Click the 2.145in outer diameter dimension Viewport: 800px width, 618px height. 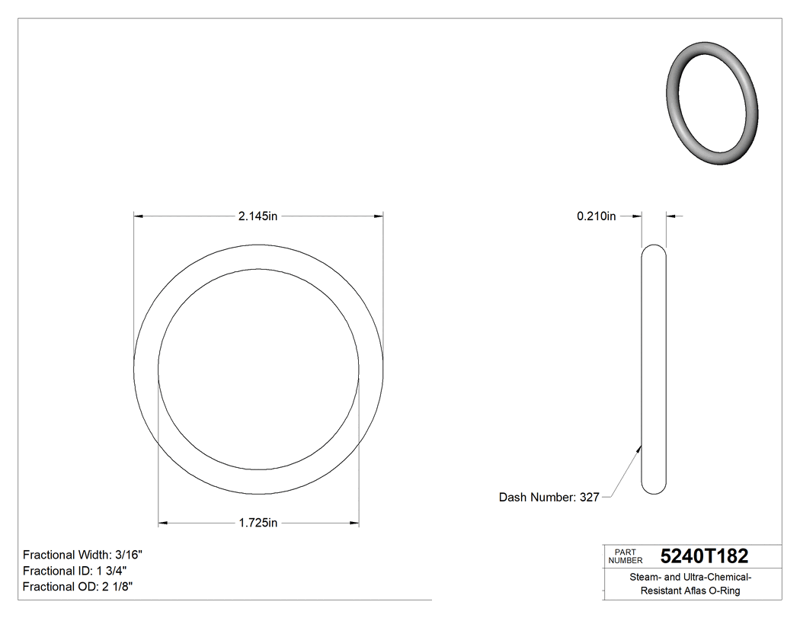point(258,216)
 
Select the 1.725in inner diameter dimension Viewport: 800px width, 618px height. point(258,523)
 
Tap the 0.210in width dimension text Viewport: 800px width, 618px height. point(596,216)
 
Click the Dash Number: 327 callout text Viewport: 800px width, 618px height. point(549,497)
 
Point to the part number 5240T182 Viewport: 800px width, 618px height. point(704,556)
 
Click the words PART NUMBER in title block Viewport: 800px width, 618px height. point(626,556)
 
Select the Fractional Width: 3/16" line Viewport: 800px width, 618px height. point(83,555)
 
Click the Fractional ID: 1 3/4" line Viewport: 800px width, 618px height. point(75,571)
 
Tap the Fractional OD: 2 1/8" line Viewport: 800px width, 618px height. point(79,587)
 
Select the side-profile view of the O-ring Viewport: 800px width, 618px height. point(654,369)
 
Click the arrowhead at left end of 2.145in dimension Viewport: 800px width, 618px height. point(139,216)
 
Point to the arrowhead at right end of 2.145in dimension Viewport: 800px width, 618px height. point(378,216)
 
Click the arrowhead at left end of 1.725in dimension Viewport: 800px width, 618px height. point(163,523)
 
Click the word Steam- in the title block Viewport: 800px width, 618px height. point(645,577)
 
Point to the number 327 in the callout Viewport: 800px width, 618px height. point(589,497)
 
